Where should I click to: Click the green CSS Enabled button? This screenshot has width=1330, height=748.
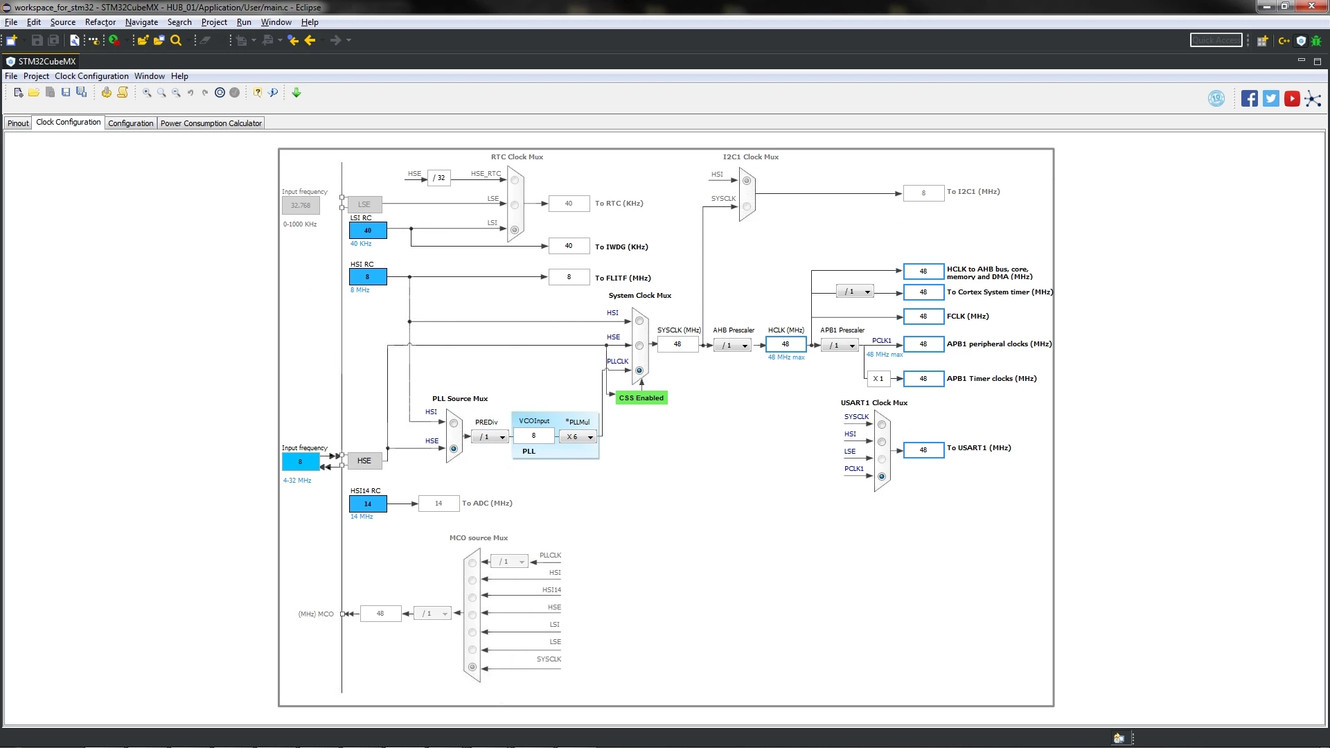coord(641,398)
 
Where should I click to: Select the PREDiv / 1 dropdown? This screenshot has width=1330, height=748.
coord(490,437)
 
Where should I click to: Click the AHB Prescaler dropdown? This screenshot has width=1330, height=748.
coord(732,346)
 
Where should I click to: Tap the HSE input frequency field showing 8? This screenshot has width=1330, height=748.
coord(301,461)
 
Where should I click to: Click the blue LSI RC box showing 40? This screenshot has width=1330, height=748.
coord(368,231)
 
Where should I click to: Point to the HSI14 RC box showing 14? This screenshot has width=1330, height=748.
coord(368,504)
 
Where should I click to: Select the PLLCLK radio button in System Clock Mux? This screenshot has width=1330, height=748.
coord(639,371)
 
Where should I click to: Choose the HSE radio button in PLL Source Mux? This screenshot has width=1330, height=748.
coord(454,449)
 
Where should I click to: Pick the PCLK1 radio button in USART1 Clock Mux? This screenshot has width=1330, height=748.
coord(882,477)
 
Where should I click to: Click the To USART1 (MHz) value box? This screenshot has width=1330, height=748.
coord(923,450)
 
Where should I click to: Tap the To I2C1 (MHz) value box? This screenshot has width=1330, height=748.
coord(923,193)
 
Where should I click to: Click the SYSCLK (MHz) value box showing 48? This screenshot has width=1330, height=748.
coord(677,344)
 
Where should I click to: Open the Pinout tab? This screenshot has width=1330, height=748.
coord(18,123)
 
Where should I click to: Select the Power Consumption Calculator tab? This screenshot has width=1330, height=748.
coord(211,123)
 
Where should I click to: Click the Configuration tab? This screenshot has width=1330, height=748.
coord(131,123)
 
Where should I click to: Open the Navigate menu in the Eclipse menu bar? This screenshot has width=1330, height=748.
coord(141,22)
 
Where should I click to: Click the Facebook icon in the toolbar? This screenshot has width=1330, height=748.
coord(1249,98)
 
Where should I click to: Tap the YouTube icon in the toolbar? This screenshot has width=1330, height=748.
coord(1292,98)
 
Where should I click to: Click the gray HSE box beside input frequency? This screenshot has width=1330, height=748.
coord(364,461)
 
